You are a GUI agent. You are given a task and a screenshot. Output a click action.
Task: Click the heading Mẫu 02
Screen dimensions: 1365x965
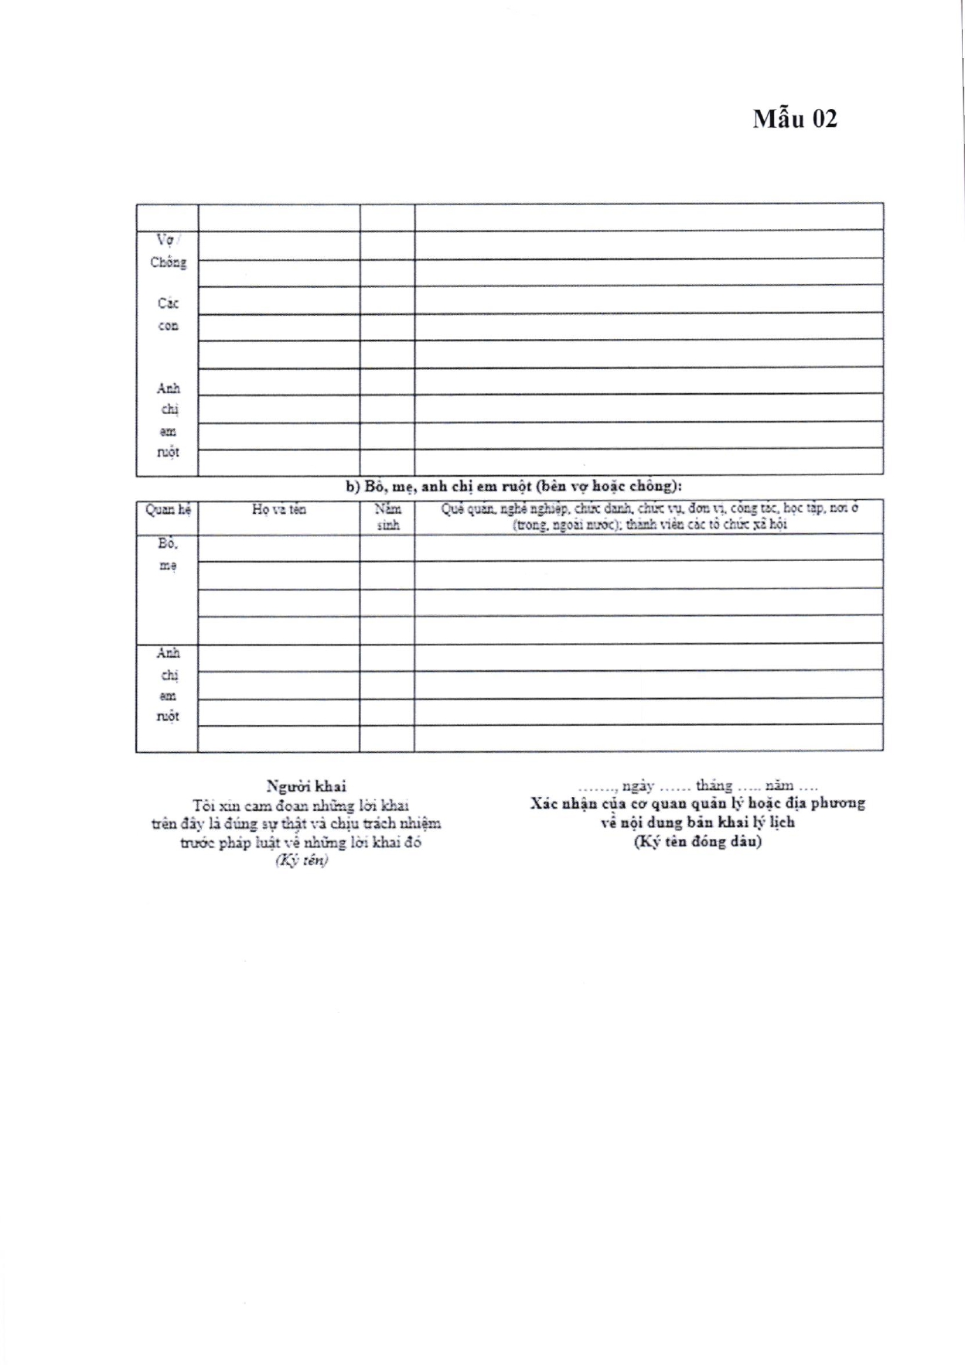point(795,119)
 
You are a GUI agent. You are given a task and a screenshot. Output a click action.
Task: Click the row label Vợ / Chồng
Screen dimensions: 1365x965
point(168,251)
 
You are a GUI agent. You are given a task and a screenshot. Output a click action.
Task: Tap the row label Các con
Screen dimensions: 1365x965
point(168,314)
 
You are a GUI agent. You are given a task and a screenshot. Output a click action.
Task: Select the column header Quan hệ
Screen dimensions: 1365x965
point(168,510)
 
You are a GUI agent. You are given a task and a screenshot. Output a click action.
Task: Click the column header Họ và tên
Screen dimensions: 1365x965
point(278,510)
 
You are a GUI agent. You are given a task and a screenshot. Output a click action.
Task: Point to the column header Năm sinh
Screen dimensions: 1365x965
point(387,517)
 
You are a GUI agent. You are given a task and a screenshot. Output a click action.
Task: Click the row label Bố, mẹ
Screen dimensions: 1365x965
point(168,554)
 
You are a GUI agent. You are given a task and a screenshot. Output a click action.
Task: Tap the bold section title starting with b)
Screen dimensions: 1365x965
point(513,487)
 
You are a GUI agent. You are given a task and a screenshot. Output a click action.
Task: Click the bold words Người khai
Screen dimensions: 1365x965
point(306,787)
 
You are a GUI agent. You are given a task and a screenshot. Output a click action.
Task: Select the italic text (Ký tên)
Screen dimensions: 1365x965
point(302,860)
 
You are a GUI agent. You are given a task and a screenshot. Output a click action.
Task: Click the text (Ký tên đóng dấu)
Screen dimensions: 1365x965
point(697,842)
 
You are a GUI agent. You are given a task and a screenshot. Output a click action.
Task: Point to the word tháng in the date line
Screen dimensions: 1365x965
point(714,786)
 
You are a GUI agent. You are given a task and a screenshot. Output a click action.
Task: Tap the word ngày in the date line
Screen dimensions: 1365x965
point(637,786)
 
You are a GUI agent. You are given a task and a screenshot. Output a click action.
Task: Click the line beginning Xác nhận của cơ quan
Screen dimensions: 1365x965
point(697,804)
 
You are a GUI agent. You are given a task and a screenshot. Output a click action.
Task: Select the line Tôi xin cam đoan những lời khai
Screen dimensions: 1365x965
point(301,806)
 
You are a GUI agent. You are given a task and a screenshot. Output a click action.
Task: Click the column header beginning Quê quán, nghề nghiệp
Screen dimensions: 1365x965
point(649,509)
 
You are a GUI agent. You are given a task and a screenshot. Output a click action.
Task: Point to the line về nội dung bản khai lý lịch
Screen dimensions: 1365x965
point(697,823)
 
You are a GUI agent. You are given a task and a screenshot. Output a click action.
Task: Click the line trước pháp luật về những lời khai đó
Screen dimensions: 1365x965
point(301,843)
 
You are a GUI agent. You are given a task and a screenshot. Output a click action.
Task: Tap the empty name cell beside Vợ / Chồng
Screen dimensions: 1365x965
point(278,245)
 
